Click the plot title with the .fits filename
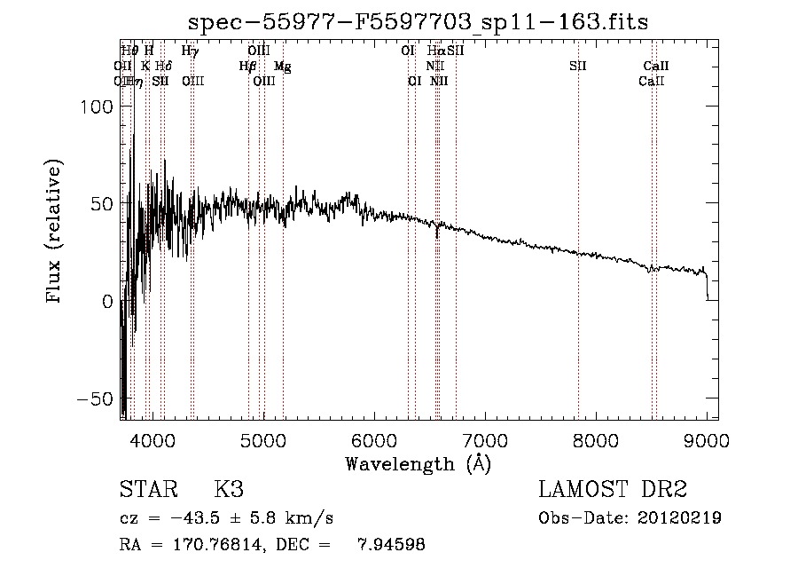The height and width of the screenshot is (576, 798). (419, 23)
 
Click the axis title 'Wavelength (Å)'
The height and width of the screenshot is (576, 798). (418, 463)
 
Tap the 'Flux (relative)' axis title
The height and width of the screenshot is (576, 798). (56, 232)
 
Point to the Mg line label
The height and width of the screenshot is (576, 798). (282, 67)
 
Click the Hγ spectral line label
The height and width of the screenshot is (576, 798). (190, 51)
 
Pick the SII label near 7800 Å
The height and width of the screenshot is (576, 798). (578, 67)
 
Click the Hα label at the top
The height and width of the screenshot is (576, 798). (435, 51)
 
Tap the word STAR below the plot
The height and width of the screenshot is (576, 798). (146, 490)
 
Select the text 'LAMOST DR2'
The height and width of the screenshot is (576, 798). (612, 490)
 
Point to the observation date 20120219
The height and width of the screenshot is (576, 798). (679, 518)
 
